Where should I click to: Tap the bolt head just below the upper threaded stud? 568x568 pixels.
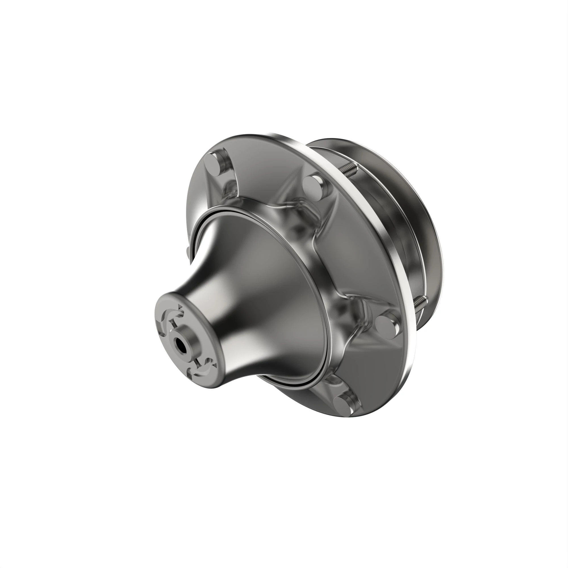tap(314, 183)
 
